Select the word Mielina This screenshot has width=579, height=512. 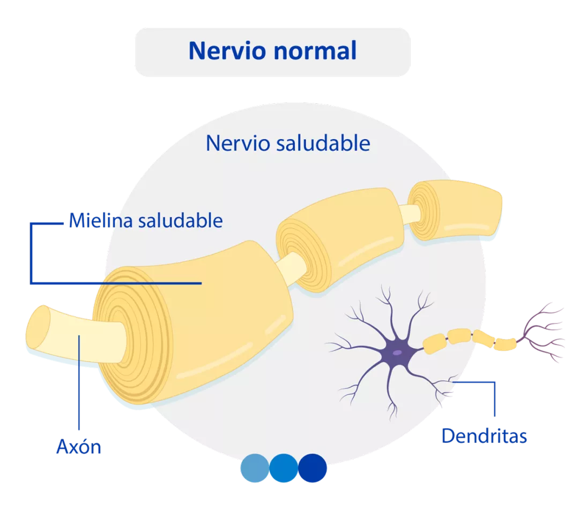pyautogui.click(x=100, y=221)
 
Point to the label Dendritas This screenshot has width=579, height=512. pyautogui.click(x=484, y=436)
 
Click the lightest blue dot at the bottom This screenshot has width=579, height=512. pyautogui.click(x=255, y=468)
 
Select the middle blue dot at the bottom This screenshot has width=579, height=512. pyautogui.click(x=284, y=468)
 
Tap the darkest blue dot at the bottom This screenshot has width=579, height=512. pyautogui.click(x=313, y=468)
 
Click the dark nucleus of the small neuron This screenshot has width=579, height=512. pyautogui.click(x=397, y=353)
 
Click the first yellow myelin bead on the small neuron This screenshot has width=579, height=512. pyautogui.click(x=434, y=344)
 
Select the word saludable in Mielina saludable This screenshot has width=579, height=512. pyautogui.click(x=180, y=221)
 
